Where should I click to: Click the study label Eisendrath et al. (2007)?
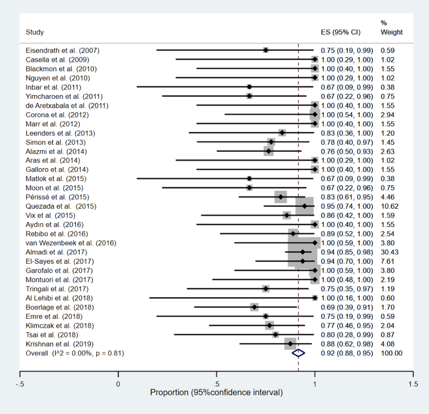pyautogui.click(x=62, y=50)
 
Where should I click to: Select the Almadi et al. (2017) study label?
pyautogui.click(x=56, y=252)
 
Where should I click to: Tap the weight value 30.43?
pyautogui.click(x=390, y=252)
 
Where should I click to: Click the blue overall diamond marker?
pyautogui.click(x=298, y=353)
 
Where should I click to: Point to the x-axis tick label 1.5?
pyautogui.click(x=413, y=384)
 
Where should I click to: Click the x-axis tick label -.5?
pyautogui.click(x=20, y=384)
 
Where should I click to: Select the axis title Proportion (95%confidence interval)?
pyautogui.click(x=217, y=392)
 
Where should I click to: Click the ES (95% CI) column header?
pyautogui.click(x=341, y=32)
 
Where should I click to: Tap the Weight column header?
pyautogui.click(x=392, y=32)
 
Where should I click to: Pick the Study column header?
pyautogui.click(x=35, y=32)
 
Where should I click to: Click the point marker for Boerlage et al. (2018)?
pyautogui.click(x=254, y=307)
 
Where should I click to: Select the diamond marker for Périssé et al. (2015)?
pyautogui.click(x=281, y=197)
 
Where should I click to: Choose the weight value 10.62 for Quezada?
pyautogui.click(x=390, y=206)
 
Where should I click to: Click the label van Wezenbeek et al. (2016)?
pyautogui.click(x=71, y=243)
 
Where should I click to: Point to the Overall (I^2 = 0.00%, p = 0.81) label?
pyautogui.click(x=75, y=353)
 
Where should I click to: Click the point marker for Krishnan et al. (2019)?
pyautogui.click(x=290, y=344)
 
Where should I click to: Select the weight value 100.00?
pyautogui.click(x=392, y=353)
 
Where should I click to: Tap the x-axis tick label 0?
pyautogui.click(x=118, y=384)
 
